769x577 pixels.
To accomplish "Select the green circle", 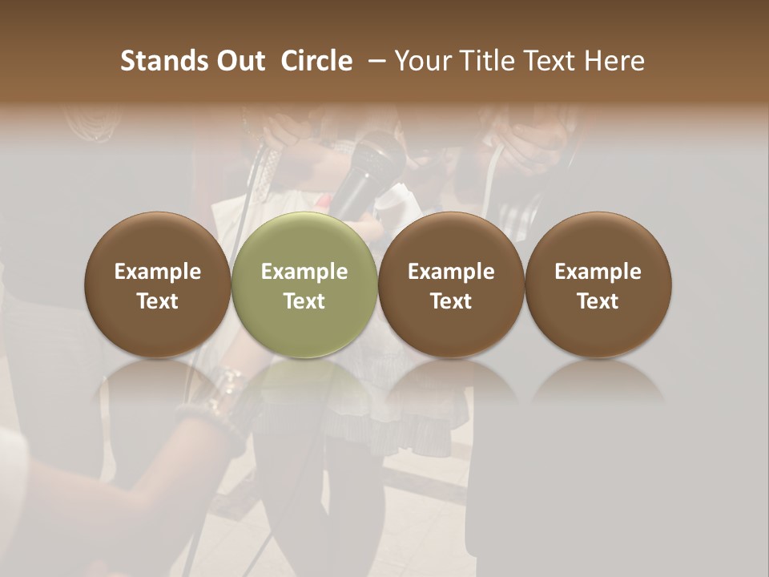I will pyautogui.click(x=304, y=284).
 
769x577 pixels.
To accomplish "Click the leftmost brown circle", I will pyautogui.click(x=158, y=284).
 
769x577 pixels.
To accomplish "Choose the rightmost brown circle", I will pyautogui.click(x=598, y=284).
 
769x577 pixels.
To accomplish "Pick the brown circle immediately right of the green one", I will pyautogui.click(x=451, y=284).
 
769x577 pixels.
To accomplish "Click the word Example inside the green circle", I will pyautogui.click(x=304, y=272).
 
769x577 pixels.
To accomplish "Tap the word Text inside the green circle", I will pyautogui.click(x=304, y=301).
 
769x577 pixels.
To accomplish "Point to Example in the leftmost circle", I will pyautogui.click(x=158, y=272).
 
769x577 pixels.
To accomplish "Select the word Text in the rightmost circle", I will pyautogui.click(x=598, y=301).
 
